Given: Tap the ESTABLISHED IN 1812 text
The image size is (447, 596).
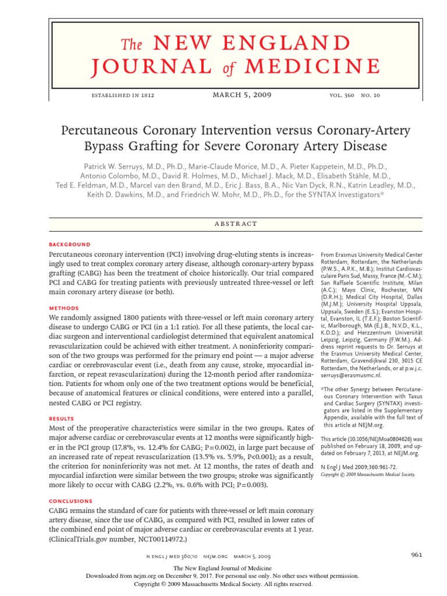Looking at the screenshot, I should tap(123, 95).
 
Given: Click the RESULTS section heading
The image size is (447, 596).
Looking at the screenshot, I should tap(62, 418).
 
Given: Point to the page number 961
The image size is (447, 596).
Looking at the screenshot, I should tap(416, 555).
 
